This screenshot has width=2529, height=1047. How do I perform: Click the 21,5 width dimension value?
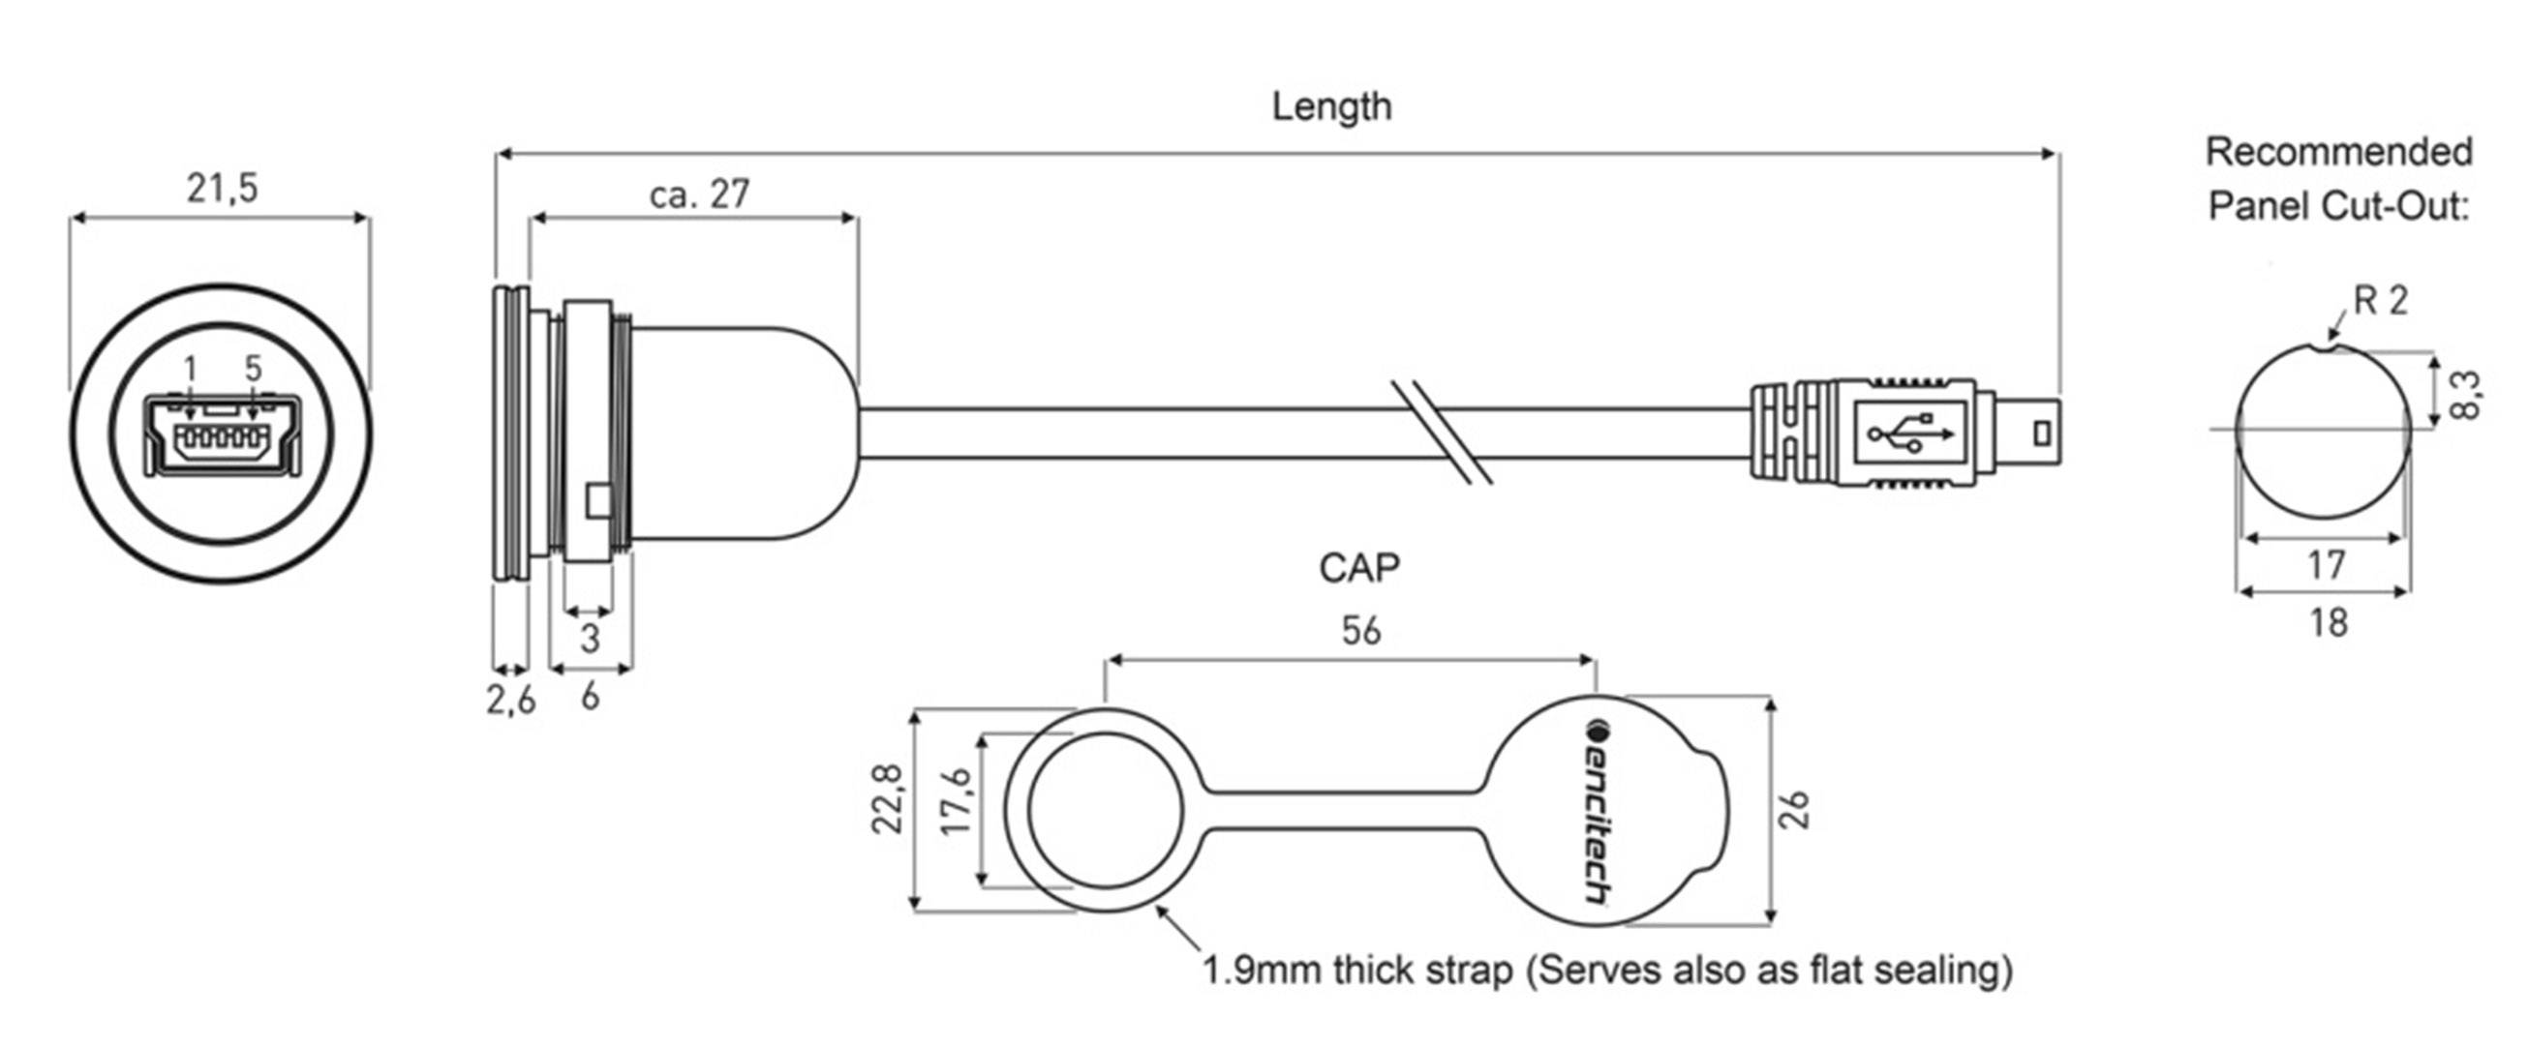pos(222,188)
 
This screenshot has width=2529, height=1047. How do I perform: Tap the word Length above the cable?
pos(1331,106)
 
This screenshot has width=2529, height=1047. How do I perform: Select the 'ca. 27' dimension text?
pos(699,194)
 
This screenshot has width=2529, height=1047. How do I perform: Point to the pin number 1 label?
pos(191,369)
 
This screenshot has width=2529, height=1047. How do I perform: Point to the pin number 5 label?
pos(254,369)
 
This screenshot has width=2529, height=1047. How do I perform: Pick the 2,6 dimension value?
pos(510,700)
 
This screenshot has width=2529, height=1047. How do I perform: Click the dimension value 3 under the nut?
pos(589,639)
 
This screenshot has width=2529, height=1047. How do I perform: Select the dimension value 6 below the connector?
pos(589,697)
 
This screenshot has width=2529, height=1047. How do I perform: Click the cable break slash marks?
pos(1442,432)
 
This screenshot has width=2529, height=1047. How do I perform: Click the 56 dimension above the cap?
pos(1360,631)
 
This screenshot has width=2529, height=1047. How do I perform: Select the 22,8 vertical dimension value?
pos(888,799)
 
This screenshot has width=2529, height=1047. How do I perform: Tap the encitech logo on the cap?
pos(1599,811)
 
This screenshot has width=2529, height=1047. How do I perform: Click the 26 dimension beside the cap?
pos(1795,811)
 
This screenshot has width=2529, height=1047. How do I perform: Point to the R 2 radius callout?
pos(2380,300)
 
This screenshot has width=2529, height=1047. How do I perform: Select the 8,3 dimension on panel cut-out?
pos(2465,395)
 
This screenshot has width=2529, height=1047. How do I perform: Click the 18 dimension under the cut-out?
pos(2328,622)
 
